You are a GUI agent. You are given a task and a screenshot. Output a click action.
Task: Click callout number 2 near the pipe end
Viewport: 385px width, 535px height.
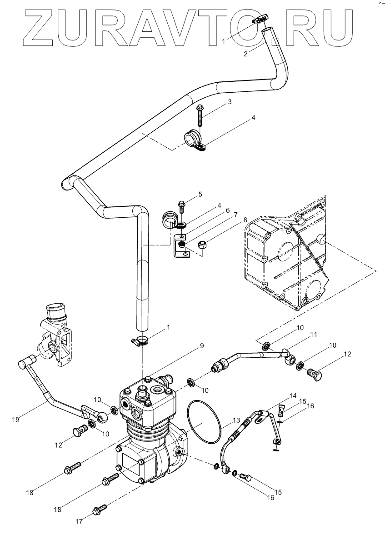click(246, 54)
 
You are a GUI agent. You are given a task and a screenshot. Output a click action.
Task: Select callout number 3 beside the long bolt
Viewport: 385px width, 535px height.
click(230, 102)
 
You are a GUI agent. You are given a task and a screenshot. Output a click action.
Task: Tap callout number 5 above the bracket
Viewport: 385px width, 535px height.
click(200, 195)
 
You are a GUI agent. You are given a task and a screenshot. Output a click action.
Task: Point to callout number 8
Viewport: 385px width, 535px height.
click(245, 220)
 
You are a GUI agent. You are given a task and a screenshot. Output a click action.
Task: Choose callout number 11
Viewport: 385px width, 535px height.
click(313, 335)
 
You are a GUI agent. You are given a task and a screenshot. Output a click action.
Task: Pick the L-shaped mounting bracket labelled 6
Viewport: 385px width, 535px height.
click(179, 248)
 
